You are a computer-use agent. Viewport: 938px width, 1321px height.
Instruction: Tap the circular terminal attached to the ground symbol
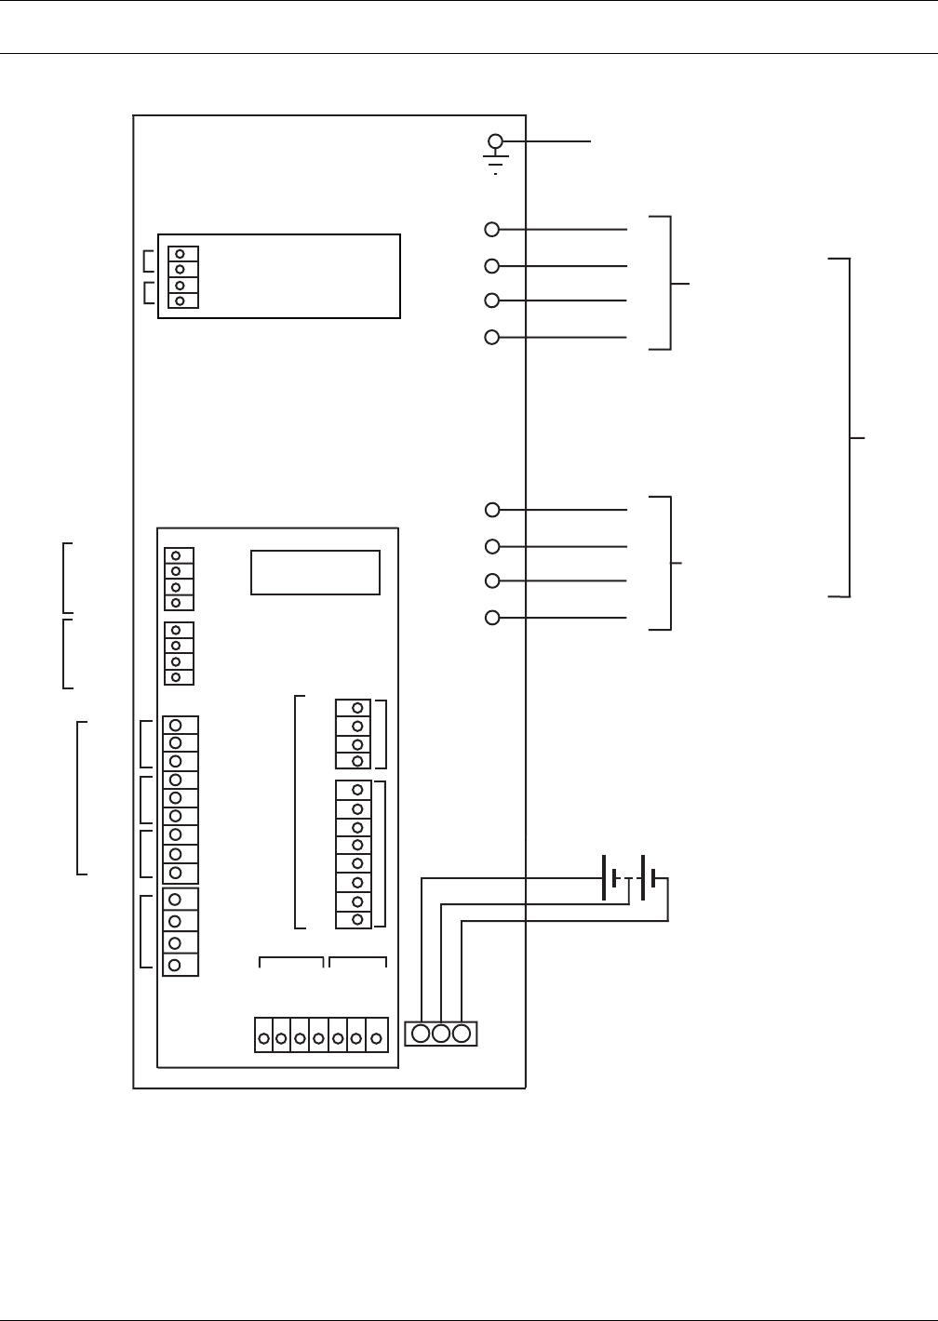496,141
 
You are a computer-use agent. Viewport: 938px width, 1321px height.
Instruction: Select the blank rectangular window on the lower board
315,572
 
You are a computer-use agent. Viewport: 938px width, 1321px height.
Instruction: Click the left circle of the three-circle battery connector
421,1033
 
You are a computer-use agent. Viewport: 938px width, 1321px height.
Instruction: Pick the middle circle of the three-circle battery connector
441,1033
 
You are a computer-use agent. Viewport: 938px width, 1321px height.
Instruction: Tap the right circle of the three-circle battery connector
461,1033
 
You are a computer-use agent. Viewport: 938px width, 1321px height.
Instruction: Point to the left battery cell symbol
610,878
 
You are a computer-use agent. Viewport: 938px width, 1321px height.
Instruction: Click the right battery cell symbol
650,878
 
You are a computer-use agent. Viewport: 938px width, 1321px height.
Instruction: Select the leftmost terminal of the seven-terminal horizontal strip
264,1037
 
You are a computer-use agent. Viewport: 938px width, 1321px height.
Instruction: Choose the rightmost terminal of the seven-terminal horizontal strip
376,1037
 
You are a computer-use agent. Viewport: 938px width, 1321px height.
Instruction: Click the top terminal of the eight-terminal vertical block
357,791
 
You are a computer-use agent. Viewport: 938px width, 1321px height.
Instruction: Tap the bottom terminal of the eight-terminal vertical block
357,919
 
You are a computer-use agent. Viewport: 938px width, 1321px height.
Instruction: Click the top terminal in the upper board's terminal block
180,254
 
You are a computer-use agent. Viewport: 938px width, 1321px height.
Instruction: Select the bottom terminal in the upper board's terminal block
180,300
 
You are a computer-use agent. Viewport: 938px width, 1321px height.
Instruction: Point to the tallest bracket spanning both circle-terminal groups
849,428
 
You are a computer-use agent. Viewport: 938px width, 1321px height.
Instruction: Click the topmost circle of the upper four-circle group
493,229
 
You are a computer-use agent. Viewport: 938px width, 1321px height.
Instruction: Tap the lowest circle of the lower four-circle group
493,617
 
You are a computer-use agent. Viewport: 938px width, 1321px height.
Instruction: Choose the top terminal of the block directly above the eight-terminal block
357,709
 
